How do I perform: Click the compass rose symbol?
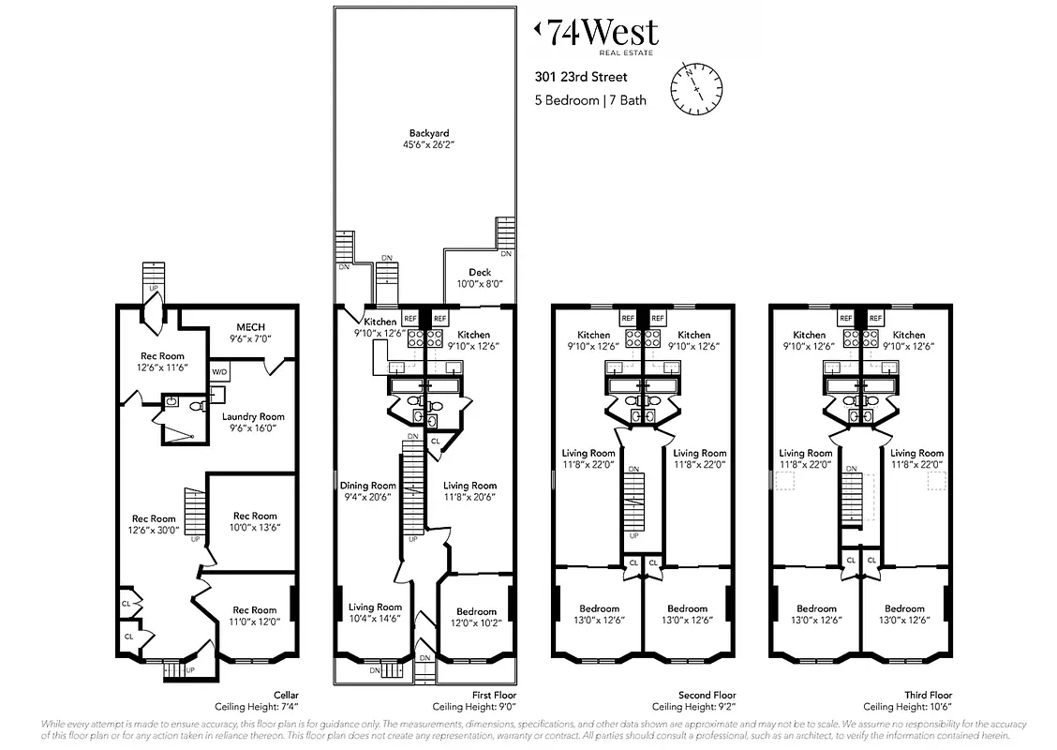[697, 88]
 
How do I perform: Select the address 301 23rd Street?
[581, 78]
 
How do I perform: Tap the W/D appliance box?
[219, 372]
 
